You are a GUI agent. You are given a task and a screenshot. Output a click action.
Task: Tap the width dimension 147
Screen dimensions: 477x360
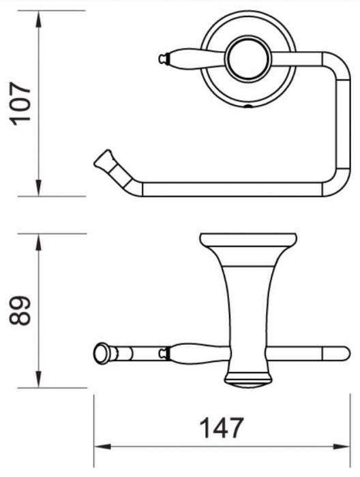[220, 429]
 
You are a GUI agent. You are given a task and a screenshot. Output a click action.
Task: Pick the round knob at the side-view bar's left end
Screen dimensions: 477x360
[102, 353]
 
